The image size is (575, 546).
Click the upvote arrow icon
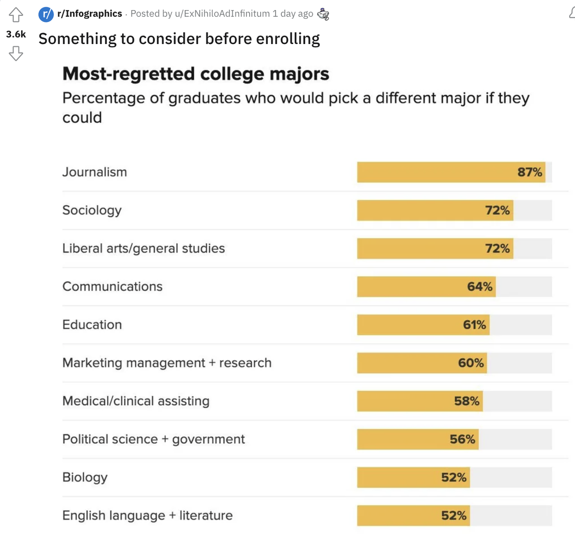[16, 15]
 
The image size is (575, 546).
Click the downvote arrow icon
[16, 53]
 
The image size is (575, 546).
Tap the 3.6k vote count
[16, 34]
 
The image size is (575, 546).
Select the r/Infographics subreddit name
[89, 14]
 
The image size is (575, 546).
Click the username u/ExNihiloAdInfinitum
[222, 14]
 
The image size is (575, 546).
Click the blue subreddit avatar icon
[46, 14]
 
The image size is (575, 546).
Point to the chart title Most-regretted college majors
[195, 74]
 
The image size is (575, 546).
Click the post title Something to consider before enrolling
[179, 39]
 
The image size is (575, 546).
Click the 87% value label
[529, 172]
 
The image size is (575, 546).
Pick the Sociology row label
[92, 211]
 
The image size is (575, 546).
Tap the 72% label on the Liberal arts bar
[497, 248]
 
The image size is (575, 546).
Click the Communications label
[113, 287]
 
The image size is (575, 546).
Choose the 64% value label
[480, 287]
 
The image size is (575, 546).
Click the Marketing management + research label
[167, 363]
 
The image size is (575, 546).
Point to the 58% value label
[467, 401]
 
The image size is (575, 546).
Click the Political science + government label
[153, 439]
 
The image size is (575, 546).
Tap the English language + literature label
[148, 515]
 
